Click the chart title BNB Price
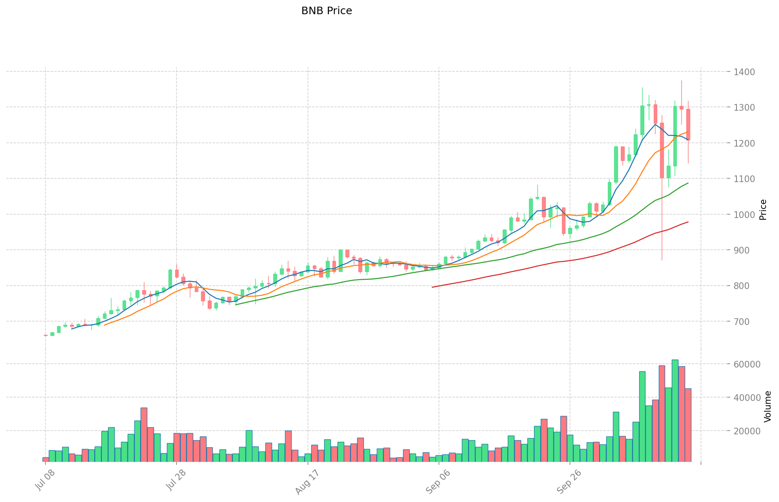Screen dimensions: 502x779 click(x=326, y=11)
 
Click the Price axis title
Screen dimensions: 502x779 click(x=763, y=210)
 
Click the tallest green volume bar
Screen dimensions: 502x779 click(x=675, y=411)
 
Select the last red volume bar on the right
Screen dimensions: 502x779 click(x=688, y=425)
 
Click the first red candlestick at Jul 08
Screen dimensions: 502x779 click(x=45, y=335)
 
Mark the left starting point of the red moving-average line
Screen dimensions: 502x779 click(x=433, y=287)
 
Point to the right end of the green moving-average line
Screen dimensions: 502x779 click(x=688, y=183)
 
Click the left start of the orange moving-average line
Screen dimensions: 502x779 click(x=104, y=325)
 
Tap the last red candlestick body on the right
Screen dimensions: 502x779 click(x=688, y=124)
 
